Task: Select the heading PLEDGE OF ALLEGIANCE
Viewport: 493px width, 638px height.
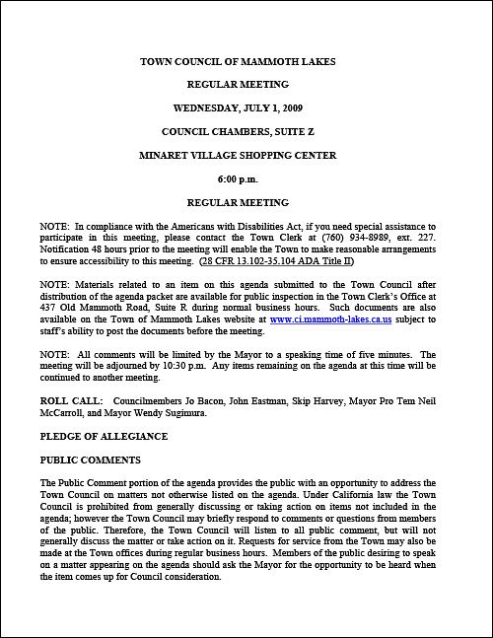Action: click(104, 436)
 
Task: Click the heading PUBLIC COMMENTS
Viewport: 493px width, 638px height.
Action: click(89, 460)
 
